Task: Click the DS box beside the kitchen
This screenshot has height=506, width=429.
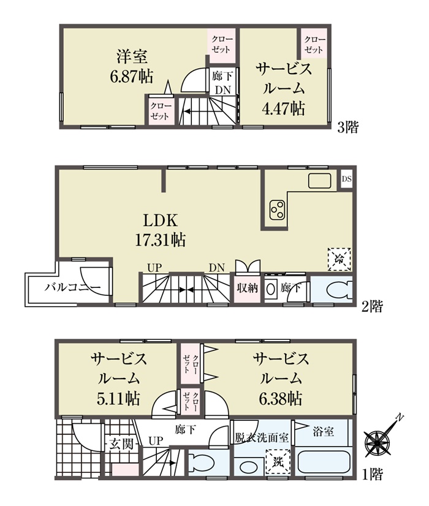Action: click(x=346, y=178)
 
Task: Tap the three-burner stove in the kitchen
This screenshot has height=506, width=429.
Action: click(x=277, y=210)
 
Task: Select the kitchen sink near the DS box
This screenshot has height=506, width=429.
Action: click(x=319, y=181)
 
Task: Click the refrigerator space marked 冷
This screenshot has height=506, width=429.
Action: click(x=340, y=259)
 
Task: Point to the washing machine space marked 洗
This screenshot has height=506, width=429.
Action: click(x=278, y=462)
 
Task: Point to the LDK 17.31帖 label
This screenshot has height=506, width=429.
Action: click(x=160, y=230)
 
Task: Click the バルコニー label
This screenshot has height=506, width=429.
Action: click(x=73, y=287)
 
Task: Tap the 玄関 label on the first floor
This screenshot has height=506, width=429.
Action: click(x=121, y=444)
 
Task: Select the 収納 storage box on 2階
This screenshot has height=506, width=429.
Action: click(x=247, y=288)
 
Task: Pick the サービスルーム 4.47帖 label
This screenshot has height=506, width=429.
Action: click(x=284, y=89)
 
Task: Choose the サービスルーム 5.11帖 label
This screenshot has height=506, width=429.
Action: click(x=119, y=379)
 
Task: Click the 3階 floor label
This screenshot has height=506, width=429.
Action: click(x=348, y=127)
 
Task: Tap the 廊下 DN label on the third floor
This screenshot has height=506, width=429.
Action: click(x=222, y=83)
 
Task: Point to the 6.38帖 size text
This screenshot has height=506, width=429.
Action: click(x=281, y=399)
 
